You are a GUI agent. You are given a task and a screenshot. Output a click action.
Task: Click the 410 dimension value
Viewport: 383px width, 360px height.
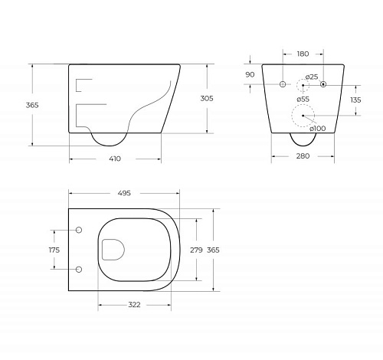pyautogui.click(x=115, y=159)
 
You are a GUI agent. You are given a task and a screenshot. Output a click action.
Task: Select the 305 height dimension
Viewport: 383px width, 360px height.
pyautogui.click(x=207, y=98)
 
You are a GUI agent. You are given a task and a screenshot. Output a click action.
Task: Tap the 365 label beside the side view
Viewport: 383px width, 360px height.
pyautogui.click(x=32, y=105)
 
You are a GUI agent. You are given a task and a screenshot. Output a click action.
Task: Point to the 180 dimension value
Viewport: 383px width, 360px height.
pyautogui.click(x=303, y=54)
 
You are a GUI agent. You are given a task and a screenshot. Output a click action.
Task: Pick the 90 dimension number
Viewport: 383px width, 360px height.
pyautogui.click(x=250, y=74)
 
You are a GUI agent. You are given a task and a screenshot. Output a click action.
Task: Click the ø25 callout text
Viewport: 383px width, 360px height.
pyautogui.click(x=312, y=77)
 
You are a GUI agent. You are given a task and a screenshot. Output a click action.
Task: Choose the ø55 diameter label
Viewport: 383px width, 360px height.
pyautogui.click(x=303, y=99)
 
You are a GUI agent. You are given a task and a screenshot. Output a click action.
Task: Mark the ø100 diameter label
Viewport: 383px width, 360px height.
pyautogui.click(x=318, y=129)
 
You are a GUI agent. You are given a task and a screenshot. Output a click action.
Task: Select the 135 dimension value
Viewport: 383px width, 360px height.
pyautogui.click(x=355, y=100)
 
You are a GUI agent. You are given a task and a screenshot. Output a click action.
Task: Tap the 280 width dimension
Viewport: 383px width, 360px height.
pyautogui.click(x=303, y=155)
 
